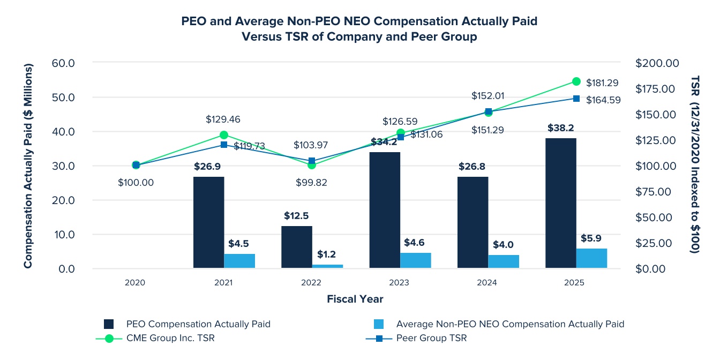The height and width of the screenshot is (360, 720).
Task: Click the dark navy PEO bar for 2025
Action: pyautogui.click(x=561, y=203)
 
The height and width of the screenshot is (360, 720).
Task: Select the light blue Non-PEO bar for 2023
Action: pyautogui.click(x=416, y=260)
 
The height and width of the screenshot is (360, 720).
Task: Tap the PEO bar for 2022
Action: pyautogui.click(x=297, y=247)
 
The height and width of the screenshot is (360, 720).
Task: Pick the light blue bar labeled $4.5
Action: pyautogui.click(x=239, y=261)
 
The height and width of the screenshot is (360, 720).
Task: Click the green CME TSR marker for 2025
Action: pyautogui.click(x=576, y=81)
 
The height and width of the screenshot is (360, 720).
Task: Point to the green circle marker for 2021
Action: pyautogui.click(x=224, y=135)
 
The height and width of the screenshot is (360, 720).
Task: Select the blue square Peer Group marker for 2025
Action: pyautogui.click(x=576, y=99)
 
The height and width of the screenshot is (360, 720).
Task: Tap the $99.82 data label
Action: pyautogui.click(x=311, y=182)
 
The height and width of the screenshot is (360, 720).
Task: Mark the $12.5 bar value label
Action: pyautogui.click(x=297, y=216)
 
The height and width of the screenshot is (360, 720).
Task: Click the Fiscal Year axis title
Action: pyautogui.click(x=355, y=299)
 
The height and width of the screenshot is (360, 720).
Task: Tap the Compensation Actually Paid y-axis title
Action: pyautogui.click(x=28, y=166)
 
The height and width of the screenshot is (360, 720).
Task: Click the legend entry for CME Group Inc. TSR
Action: pyautogui.click(x=170, y=338)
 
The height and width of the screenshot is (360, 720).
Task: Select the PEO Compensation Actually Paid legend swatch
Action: pyautogui.click(x=109, y=324)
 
